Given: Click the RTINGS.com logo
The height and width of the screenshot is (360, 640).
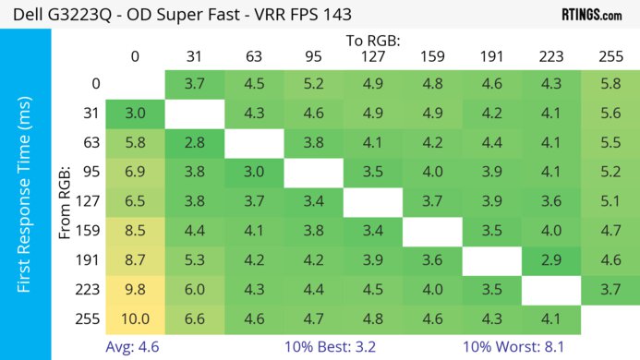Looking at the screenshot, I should pos(591,15).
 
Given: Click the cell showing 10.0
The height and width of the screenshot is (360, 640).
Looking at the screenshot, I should pos(135,318).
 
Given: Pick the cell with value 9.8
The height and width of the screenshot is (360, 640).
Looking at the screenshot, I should pos(135,289).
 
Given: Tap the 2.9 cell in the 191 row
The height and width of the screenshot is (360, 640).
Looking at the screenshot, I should pos(551,259).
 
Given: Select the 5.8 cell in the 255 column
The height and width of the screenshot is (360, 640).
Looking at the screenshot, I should pos(610,84).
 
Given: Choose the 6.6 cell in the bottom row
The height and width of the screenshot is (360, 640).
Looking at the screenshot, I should pos(194,318).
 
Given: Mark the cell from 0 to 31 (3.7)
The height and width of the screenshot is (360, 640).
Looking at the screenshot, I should pos(194,84).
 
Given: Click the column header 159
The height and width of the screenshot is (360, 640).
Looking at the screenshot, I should pos(432,56).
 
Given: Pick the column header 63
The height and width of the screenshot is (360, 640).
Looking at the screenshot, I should pos(254,56).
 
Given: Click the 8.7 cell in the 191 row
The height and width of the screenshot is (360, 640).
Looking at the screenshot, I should pos(135,259).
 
